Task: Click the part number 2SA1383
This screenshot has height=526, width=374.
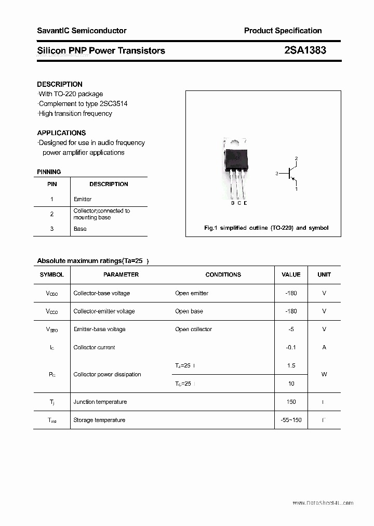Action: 305,50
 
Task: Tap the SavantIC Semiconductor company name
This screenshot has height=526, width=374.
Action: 82,31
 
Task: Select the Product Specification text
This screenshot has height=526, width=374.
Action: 283,31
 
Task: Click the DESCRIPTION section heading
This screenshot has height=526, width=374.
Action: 60,84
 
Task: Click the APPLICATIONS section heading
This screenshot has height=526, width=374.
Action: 61,133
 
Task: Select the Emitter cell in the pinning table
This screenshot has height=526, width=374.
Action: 83,199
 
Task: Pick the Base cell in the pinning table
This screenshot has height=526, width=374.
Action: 80,229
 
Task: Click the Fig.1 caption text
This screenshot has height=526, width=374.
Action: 266,228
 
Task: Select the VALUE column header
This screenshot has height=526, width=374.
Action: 291,274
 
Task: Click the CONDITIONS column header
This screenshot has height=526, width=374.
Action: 223,274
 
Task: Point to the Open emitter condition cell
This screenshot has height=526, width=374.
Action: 192,293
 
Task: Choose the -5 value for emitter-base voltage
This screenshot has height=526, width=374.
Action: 291,329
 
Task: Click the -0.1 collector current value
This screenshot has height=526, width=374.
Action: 291,347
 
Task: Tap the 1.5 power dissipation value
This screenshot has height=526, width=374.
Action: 291,365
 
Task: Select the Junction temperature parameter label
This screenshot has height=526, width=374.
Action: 100,402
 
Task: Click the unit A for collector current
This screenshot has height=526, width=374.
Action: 324,347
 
